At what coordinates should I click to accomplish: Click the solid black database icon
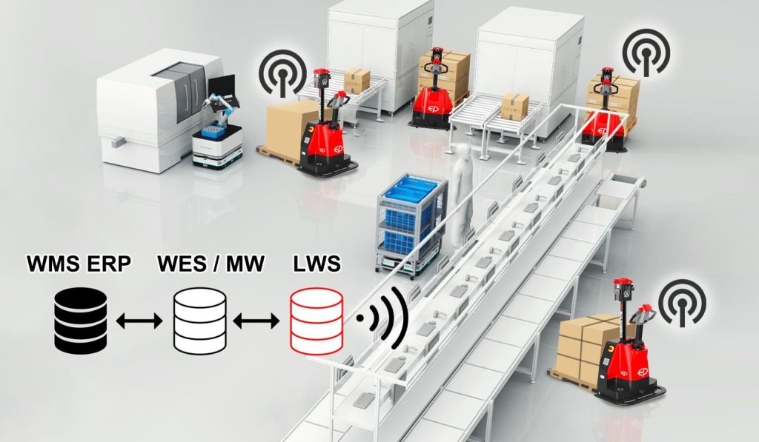point(81,321)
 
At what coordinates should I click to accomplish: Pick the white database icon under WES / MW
point(199,321)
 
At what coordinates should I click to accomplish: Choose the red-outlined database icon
point(316,321)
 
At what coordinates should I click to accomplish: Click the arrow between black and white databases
point(139,321)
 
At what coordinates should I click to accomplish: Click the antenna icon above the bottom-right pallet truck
point(682,302)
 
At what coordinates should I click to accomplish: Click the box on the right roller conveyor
point(514,107)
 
